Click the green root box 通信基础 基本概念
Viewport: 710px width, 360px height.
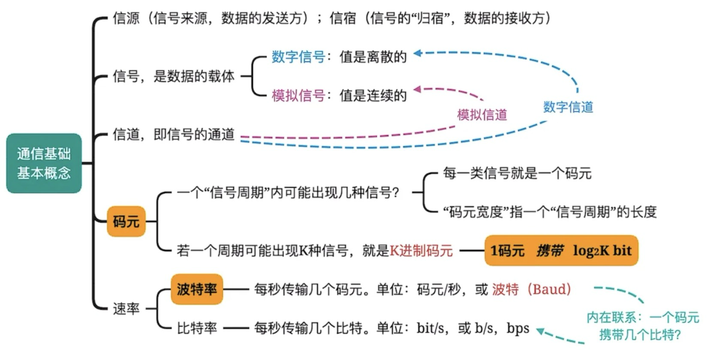[x=44, y=163]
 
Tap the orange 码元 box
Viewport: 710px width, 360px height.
[x=126, y=221]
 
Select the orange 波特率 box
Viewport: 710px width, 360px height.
[x=197, y=289]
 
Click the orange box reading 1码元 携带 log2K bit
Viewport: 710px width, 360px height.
[x=561, y=250]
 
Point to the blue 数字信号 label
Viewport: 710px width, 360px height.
[x=298, y=57]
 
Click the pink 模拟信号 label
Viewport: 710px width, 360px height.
[x=298, y=96]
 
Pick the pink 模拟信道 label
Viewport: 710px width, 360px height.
[x=482, y=115]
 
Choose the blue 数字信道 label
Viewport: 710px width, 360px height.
[x=569, y=107]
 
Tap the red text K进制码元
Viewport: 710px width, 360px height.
[x=421, y=251]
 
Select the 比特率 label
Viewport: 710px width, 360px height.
[x=197, y=328]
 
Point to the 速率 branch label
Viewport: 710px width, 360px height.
[x=126, y=308]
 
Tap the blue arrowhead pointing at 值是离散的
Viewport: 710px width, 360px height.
[x=418, y=53]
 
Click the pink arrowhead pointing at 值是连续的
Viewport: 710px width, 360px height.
[x=417, y=90]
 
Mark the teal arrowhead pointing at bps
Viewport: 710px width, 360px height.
[x=540, y=331]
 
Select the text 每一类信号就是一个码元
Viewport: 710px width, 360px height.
[x=517, y=173]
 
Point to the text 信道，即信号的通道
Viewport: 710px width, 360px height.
[x=174, y=135]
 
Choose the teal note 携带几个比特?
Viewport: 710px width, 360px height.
[x=640, y=335]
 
